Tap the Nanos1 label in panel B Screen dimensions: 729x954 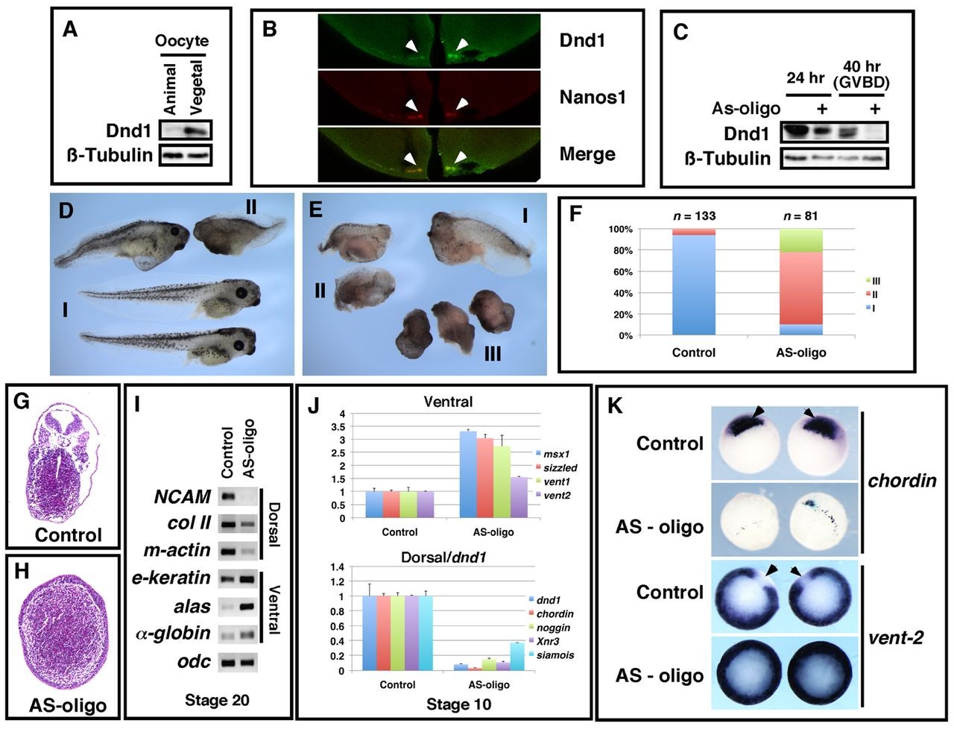pos(593,97)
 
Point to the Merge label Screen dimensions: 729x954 pos(587,154)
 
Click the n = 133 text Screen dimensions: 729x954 pos(693,217)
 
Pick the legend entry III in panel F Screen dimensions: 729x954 pos(876,282)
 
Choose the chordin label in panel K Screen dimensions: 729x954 pos(902,480)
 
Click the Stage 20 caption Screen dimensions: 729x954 pos(216,700)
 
